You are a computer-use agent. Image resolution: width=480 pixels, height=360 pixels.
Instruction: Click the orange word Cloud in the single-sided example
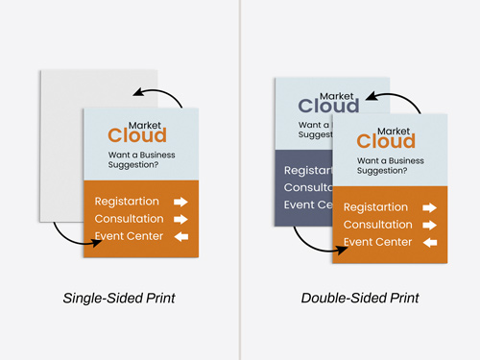pyautogui.click(x=136, y=135)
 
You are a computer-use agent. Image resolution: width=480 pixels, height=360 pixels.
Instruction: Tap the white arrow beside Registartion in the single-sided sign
pyautogui.click(x=179, y=202)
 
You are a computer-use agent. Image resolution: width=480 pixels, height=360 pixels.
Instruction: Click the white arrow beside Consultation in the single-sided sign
pyautogui.click(x=179, y=219)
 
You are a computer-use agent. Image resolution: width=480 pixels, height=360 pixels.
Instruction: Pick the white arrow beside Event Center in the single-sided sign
pyautogui.click(x=179, y=236)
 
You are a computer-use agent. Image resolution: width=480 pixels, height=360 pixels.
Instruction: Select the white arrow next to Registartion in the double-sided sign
pyautogui.click(x=428, y=207)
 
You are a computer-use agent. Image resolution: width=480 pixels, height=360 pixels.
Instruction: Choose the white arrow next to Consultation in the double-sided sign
pyautogui.click(x=428, y=225)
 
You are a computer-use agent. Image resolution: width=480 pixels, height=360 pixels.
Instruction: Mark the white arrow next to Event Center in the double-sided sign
pyautogui.click(x=428, y=242)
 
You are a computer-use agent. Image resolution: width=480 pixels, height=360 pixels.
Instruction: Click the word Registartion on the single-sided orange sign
pyautogui.click(x=129, y=202)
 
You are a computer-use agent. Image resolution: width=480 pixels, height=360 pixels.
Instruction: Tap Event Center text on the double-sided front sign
pyautogui.click(x=378, y=242)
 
